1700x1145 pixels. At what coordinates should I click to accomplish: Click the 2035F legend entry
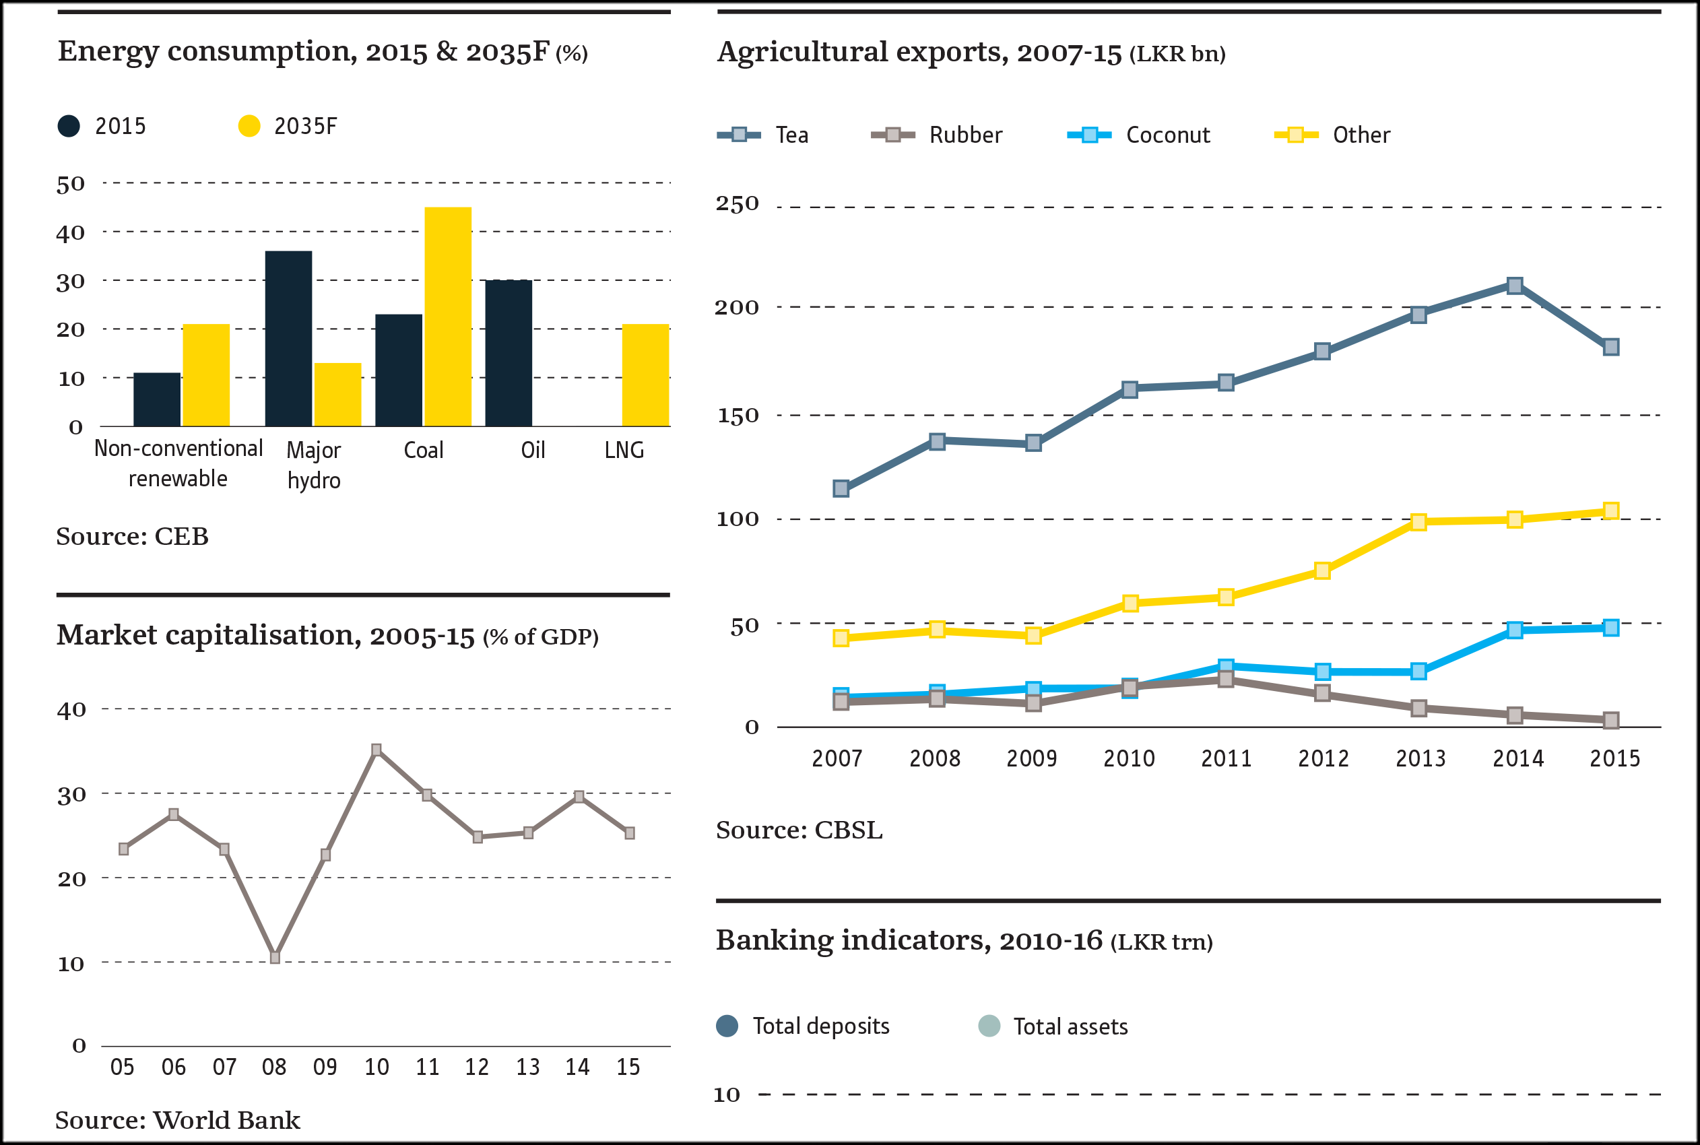(288, 127)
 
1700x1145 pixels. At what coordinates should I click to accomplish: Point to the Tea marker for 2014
(1515, 286)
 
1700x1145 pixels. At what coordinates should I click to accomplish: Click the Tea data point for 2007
(841, 488)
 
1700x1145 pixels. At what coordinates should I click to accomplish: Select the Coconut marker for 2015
(1611, 628)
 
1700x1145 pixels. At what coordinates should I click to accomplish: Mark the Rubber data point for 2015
(1611, 721)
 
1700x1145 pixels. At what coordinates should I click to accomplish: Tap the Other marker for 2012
(1321, 571)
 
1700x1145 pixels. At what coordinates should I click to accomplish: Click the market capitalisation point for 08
(275, 957)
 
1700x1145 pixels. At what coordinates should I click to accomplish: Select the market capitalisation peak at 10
(376, 750)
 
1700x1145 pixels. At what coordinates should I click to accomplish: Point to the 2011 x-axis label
(1226, 758)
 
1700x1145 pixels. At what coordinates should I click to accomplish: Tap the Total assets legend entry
(1053, 1026)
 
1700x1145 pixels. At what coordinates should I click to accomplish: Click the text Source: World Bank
(177, 1120)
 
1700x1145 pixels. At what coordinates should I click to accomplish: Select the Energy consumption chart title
(322, 52)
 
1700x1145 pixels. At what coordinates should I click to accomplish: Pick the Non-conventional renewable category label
(178, 463)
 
